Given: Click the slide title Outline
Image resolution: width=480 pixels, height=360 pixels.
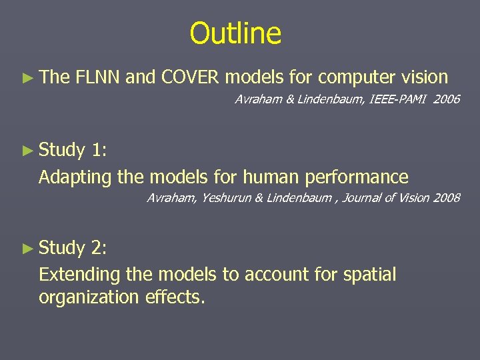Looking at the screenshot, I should click(235, 33).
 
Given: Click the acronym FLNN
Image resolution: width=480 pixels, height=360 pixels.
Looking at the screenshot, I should click(98, 78).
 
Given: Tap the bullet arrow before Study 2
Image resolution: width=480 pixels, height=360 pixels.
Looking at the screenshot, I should click(27, 248).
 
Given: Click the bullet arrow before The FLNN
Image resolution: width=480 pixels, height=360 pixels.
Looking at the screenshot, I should click(27, 78).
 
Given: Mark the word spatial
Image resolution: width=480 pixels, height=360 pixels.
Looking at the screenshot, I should click(369, 275).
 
